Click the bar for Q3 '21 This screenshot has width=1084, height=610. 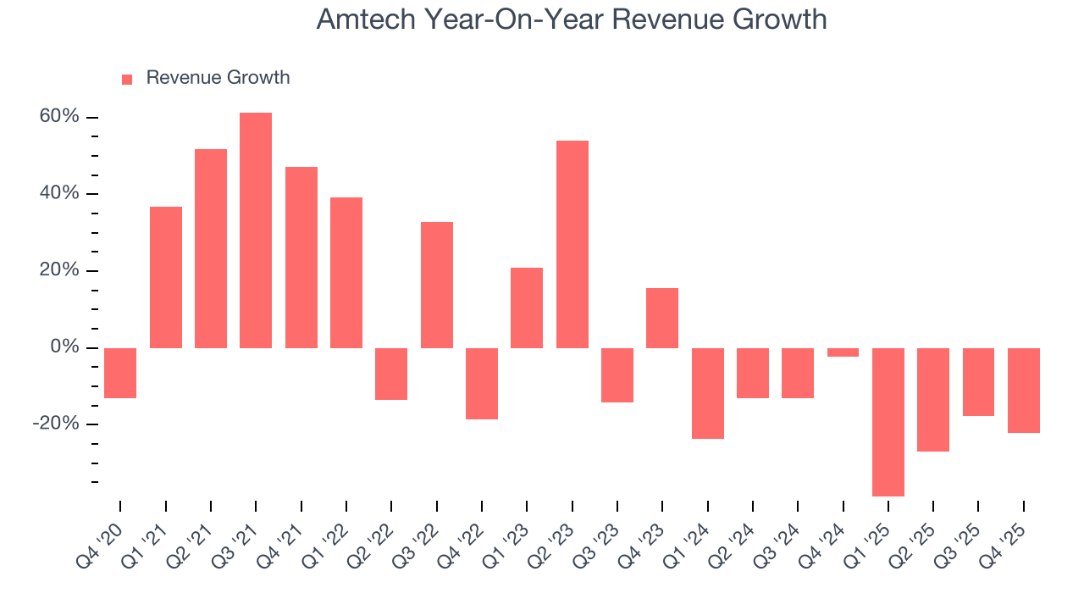[256, 230]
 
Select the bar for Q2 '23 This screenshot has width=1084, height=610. [572, 244]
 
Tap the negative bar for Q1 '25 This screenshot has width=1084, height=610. [888, 422]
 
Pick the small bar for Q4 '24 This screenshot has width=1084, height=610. [843, 352]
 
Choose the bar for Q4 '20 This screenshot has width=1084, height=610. [120, 373]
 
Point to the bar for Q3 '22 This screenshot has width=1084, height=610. [437, 285]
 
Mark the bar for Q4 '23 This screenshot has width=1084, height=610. [662, 318]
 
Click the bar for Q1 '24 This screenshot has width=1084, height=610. [708, 393]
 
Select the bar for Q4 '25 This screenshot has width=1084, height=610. [1024, 391]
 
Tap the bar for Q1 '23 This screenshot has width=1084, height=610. [527, 308]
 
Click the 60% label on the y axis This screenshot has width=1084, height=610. [59, 117]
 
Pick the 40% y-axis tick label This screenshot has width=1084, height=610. [59, 194]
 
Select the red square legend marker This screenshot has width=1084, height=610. [127, 79]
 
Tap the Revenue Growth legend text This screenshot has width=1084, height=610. [218, 78]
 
